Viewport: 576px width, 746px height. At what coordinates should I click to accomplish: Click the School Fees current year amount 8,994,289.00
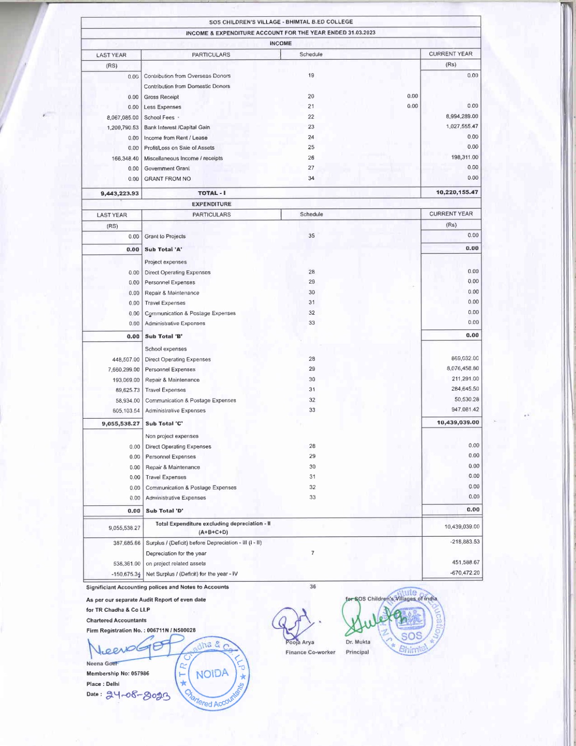click(462, 116)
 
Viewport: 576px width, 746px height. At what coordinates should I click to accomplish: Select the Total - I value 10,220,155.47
click(457, 192)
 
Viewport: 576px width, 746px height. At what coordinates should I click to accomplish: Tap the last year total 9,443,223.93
click(120, 193)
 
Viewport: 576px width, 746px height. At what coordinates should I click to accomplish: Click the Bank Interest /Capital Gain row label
click(177, 127)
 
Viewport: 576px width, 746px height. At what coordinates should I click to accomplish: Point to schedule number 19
click(311, 75)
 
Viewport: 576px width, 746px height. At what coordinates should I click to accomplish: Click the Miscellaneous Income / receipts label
click(183, 159)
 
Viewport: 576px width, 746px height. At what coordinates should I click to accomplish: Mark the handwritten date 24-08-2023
click(138, 696)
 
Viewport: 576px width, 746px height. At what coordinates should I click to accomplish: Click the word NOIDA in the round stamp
click(212, 674)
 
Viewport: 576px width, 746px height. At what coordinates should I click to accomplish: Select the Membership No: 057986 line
click(117, 673)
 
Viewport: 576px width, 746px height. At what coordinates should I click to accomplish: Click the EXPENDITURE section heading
click(212, 204)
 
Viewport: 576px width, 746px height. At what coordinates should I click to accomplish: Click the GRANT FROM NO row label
click(167, 179)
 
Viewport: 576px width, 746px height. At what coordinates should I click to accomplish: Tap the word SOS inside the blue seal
click(411, 636)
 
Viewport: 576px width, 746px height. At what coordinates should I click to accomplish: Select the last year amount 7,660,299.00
click(123, 370)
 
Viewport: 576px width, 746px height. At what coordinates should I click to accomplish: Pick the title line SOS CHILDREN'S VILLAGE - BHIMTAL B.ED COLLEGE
click(281, 22)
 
